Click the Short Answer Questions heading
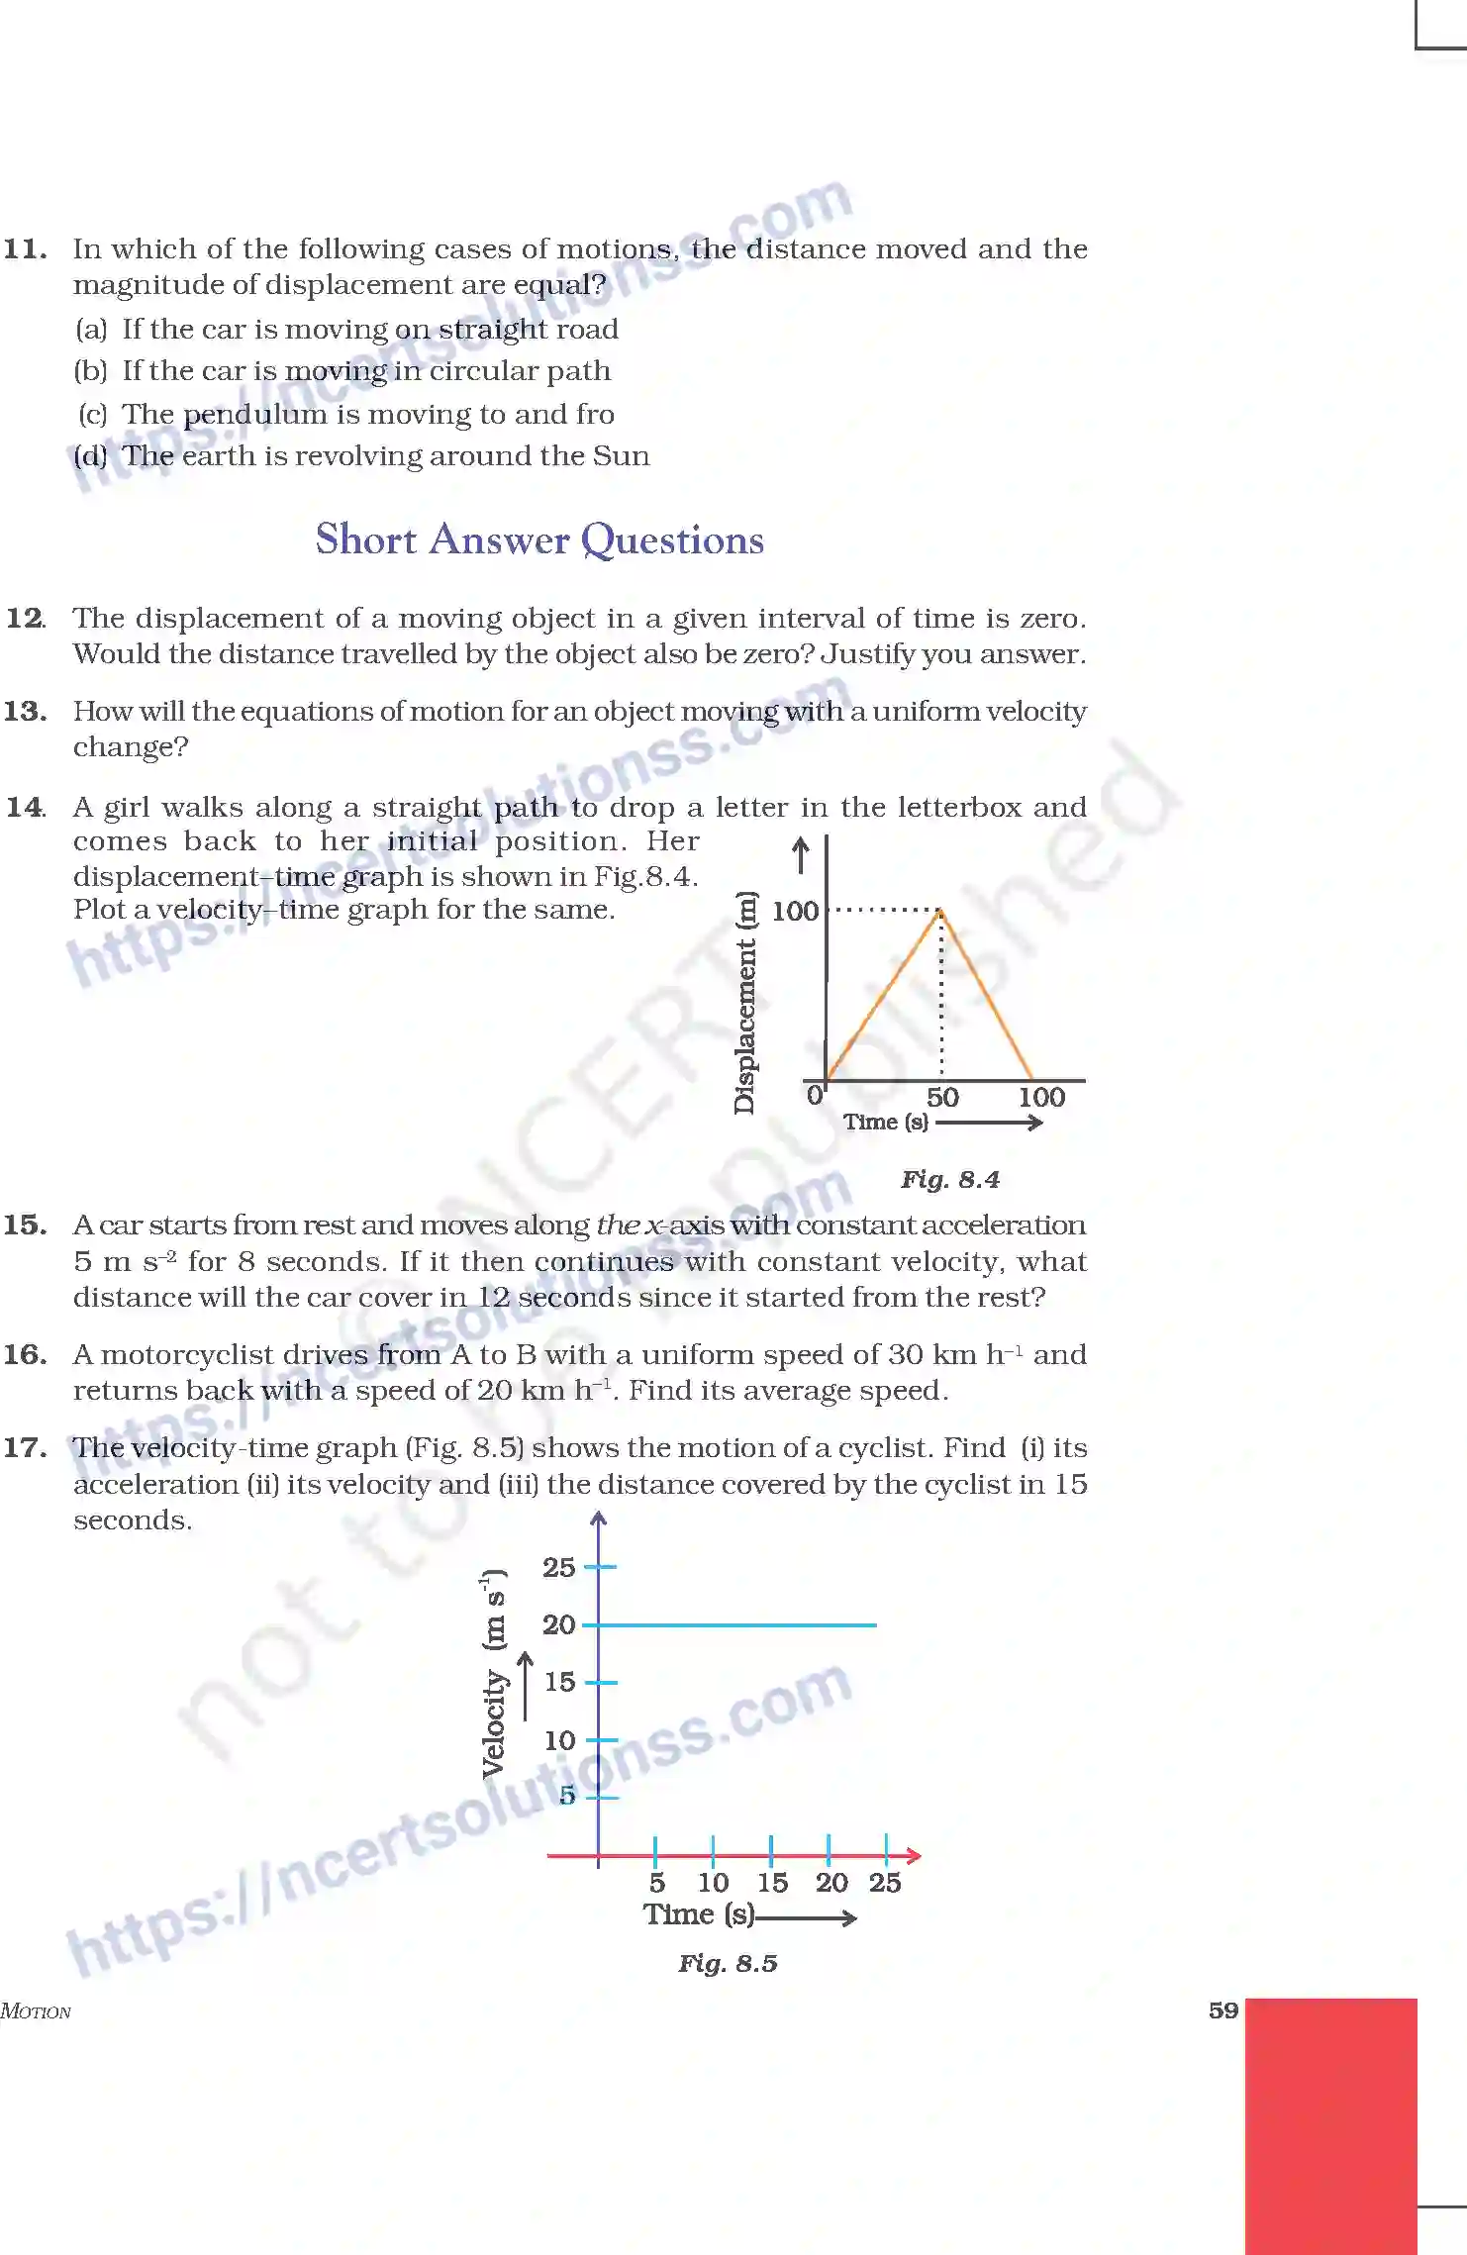point(539,540)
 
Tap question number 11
point(25,249)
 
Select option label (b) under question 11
point(91,371)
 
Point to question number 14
point(26,808)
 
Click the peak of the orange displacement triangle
point(940,911)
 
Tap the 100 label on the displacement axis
point(795,912)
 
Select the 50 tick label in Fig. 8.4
point(942,1098)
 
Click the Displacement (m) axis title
point(745,1003)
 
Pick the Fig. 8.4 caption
point(950,1179)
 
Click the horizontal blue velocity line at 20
point(737,1624)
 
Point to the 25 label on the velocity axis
point(558,1567)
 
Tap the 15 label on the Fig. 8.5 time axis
point(772,1883)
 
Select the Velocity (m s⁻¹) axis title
point(494,1673)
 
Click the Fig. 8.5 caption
point(728,1964)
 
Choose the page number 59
point(1223,2011)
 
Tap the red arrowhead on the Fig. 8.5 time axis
point(914,1855)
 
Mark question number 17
point(25,1448)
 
